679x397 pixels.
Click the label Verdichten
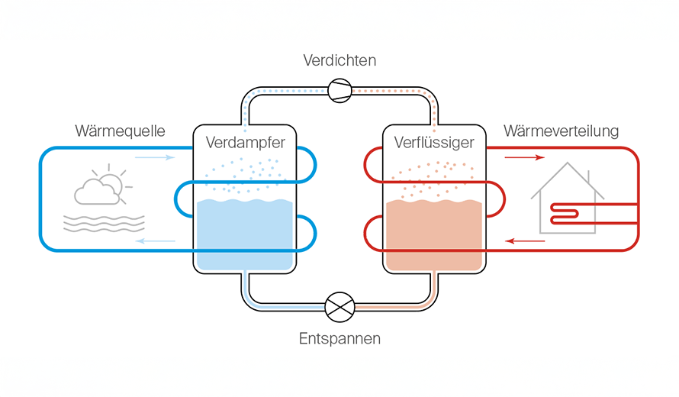(339, 60)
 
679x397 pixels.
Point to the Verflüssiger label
(434, 142)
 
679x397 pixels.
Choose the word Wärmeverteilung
(560, 131)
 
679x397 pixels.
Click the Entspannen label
(339, 337)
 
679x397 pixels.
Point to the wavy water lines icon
(104, 222)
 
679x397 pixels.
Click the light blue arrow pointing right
(154, 158)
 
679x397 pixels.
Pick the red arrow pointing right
(526, 158)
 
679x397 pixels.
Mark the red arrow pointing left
(526, 241)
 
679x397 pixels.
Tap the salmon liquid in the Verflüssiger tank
(433, 237)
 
